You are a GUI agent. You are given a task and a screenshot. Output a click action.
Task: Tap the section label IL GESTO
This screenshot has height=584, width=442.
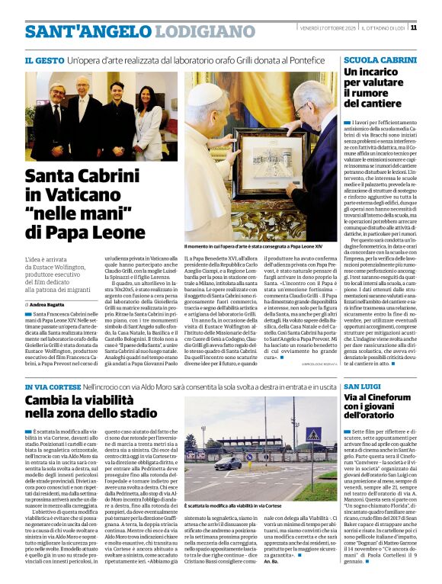point(43,59)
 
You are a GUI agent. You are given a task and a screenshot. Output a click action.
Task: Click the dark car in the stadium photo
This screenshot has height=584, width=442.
point(226,464)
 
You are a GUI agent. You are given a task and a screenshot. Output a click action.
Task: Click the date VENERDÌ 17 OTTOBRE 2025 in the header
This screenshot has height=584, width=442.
point(327,28)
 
